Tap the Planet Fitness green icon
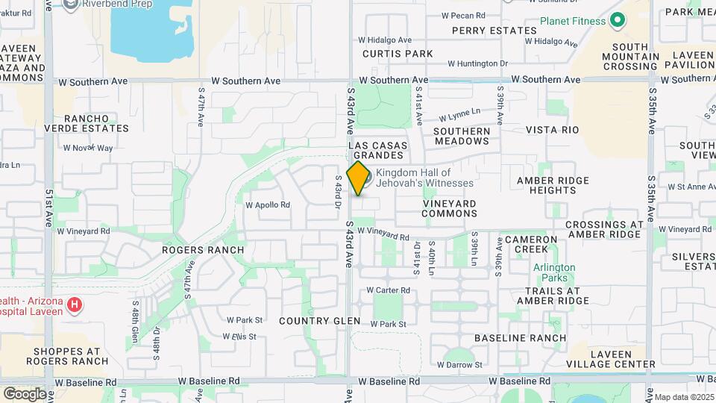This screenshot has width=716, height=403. click(x=617, y=21)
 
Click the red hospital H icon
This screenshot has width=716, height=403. click(x=74, y=304)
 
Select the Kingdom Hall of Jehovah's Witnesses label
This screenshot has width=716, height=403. click(x=424, y=178)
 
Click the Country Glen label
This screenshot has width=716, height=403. click(x=319, y=321)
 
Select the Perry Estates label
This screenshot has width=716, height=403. click(x=494, y=31)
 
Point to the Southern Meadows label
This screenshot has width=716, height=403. click(x=462, y=136)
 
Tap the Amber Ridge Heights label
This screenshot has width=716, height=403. click(x=553, y=185)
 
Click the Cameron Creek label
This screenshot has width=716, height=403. click(x=530, y=244)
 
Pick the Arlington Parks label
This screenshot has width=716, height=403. click(x=554, y=272)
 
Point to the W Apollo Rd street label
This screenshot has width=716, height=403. click(x=268, y=204)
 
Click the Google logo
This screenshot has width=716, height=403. click(x=25, y=393)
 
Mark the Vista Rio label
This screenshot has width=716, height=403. click(x=552, y=130)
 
